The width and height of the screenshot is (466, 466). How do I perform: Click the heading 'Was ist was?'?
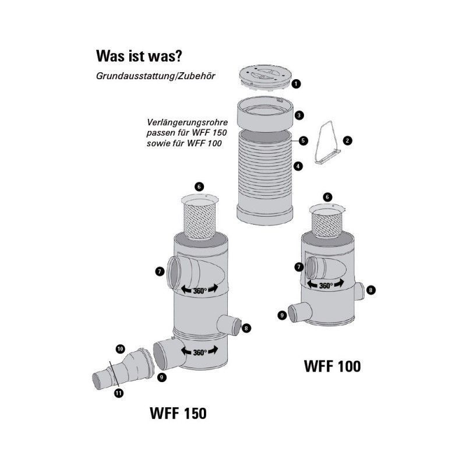(x=139, y=56)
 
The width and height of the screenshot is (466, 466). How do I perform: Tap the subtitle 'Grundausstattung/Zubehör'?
(x=156, y=76)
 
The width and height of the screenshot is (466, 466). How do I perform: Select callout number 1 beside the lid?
(x=296, y=84)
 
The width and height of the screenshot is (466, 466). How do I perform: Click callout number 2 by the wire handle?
(x=347, y=140)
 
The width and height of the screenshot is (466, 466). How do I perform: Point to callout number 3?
(x=299, y=115)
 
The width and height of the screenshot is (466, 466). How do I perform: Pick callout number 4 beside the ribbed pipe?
(x=298, y=166)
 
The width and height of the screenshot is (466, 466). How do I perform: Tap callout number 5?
(x=303, y=140)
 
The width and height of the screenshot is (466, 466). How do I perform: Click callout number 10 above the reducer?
(x=120, y=348)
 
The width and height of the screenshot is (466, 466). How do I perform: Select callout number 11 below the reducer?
(x=119, y=393)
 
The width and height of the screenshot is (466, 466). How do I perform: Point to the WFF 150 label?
(x=178, y=413)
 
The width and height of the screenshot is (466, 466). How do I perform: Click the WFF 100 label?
(x=332, y=366)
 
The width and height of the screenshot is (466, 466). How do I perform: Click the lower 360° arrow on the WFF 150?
(x=199, y=352)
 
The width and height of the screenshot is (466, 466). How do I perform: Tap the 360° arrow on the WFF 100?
(x=326, y=285)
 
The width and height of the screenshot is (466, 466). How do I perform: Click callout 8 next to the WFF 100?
(x=371, y=290)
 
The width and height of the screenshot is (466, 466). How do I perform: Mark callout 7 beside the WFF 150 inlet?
(x=160, y=271)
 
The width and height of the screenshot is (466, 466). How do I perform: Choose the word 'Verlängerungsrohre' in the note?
(x=187, y=122)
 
